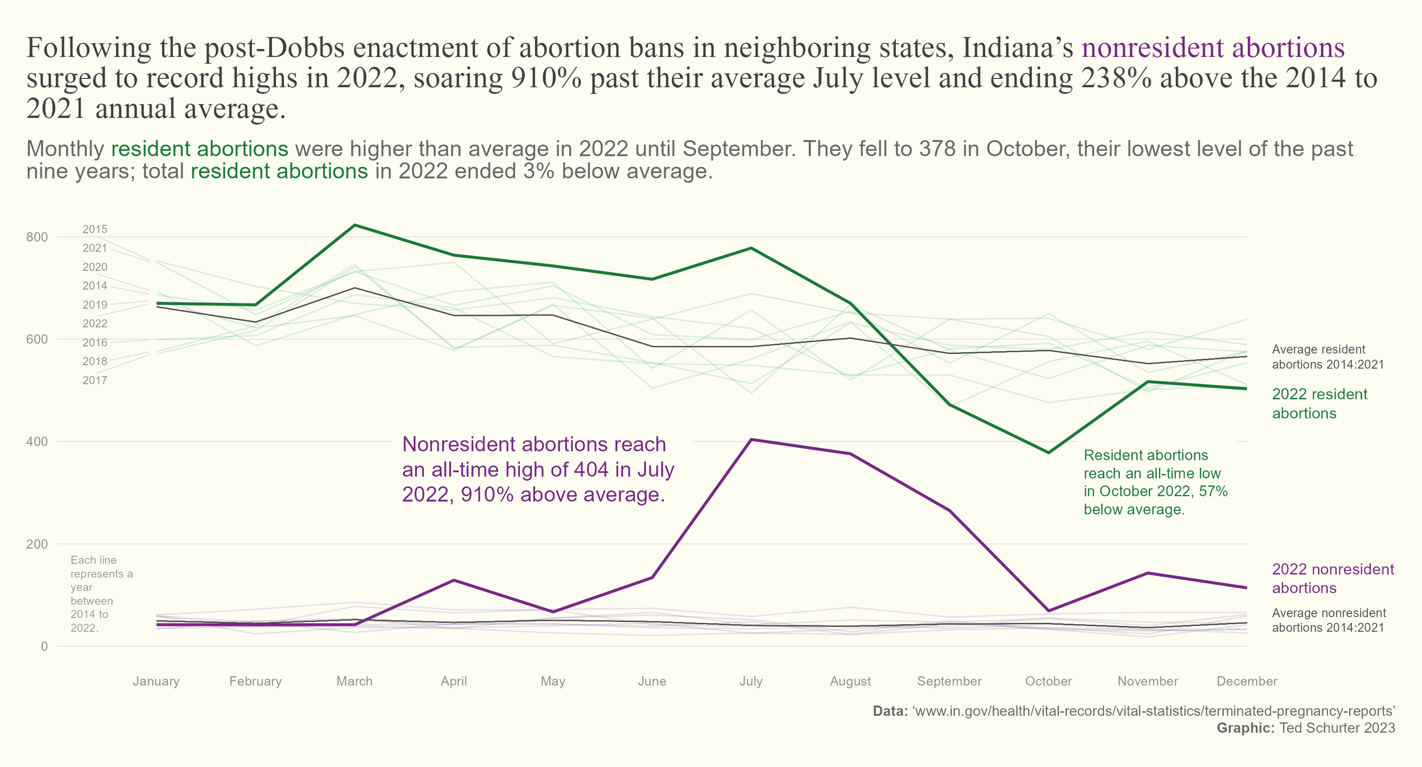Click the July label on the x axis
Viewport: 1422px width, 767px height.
(x=751, y=681)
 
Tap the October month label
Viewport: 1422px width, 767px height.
(x=1048, y=681)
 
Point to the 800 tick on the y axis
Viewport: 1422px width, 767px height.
(x=37, y=237)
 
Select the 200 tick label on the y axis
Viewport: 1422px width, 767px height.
(x=37, y=544)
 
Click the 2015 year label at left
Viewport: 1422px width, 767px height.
(x=95, y=229)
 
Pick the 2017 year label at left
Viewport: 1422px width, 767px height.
(x=95, y=380)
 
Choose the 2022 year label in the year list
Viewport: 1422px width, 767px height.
(x=95, y=324)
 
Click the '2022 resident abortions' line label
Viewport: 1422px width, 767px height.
(x=1319, y=403)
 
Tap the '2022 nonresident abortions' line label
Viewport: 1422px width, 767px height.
(x=1333, y=578)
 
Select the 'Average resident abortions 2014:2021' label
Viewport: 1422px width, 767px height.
(x=1328, y=357)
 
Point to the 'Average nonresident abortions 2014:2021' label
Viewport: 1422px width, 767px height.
(x=1329, y=620)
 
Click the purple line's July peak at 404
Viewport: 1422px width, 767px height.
(x=751, y=439)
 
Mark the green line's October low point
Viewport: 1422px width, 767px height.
(x=1048, y=452)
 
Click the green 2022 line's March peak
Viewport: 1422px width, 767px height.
(x=355, y=225)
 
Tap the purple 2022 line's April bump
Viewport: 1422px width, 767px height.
(x=454, y=580)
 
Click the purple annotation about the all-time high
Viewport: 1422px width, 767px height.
(x=538, y=469)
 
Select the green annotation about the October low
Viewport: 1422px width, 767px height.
(x=1155, y=482)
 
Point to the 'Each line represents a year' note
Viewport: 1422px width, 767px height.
(x=101, y=594)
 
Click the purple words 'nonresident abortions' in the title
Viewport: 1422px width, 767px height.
(x=1213, y=48)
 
